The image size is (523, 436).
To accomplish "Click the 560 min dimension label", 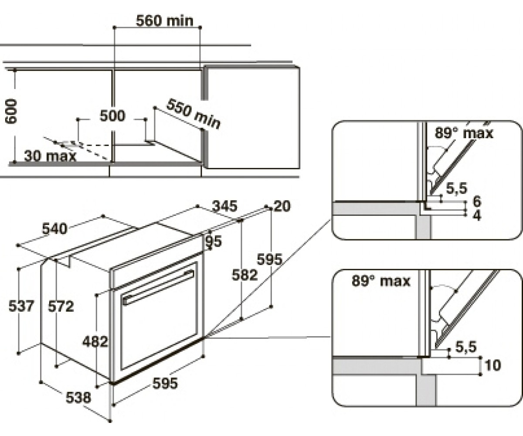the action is click(165, 20).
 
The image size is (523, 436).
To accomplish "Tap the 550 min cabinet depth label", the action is click(194, 114).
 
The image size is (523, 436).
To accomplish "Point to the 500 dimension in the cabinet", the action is click(112, 116).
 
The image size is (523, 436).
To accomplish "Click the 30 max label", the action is click(50, 156).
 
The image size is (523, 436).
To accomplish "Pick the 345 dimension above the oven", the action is click(224, 206).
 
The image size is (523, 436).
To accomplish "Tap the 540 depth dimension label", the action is click(54, 229).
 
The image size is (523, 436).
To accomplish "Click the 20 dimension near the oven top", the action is click(282, 206).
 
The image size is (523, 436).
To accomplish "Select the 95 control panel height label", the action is click(214, 241).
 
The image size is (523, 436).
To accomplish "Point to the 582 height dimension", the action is click(245, 275).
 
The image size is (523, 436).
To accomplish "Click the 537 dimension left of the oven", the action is click(21, 306).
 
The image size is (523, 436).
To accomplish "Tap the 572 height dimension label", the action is click(61, 306).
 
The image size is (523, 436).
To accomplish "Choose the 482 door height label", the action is click(95, 341).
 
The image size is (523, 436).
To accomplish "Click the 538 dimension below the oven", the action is click(78, 397).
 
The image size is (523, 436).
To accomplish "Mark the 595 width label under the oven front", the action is click(165, 383).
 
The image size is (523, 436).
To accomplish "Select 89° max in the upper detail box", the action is click(464, 133).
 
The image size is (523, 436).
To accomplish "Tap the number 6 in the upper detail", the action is click(477, 201).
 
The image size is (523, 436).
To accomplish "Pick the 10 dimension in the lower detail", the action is click(493, 365).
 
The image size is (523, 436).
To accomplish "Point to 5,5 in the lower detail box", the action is click(465, 347).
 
